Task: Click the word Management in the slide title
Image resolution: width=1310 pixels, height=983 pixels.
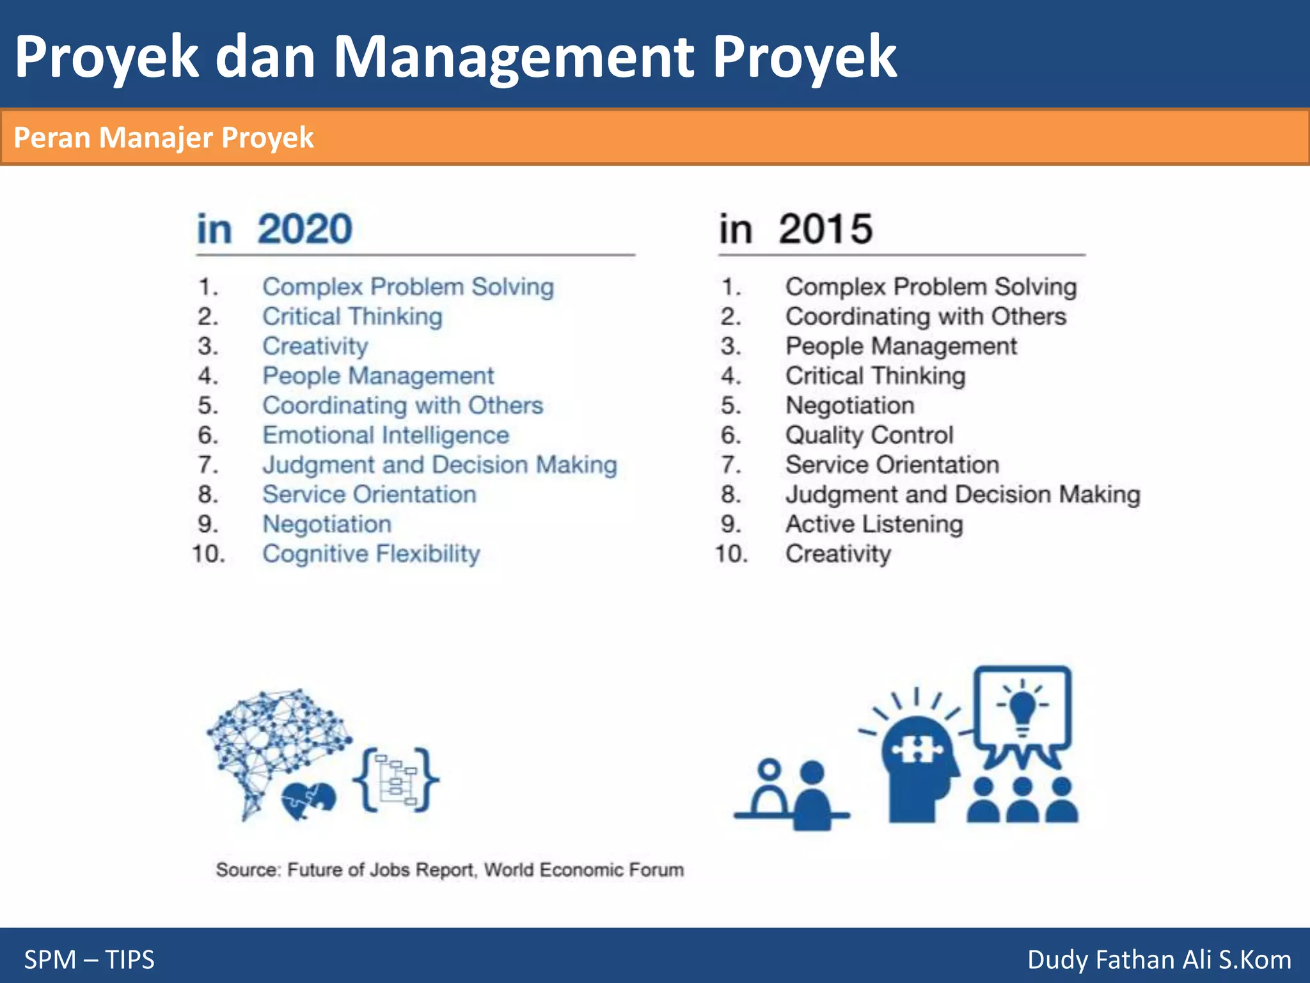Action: click(514, 58)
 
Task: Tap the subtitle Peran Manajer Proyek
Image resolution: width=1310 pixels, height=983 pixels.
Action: click(164, 138)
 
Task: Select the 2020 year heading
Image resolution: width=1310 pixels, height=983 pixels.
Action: click(304, 229)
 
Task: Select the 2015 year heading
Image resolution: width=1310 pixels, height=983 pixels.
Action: click(825, 229)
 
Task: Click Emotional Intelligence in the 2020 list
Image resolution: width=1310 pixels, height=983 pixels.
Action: click(386, 435)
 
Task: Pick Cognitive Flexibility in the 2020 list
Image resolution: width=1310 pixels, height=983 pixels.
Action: click(371, 554)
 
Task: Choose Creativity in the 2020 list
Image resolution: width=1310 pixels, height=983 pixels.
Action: click(315, 346)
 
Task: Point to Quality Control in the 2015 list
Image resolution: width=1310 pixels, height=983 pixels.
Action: click(869, 435)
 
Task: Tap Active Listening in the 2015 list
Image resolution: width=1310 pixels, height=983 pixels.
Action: click(874, 524)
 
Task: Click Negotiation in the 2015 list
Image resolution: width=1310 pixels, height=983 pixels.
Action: click(850, 405)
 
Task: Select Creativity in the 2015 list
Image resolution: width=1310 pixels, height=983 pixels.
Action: click(838, 554)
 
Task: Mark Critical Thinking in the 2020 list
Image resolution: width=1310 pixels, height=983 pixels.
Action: click(352, 316)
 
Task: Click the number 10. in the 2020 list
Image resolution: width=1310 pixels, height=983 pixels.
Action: click(209, 554)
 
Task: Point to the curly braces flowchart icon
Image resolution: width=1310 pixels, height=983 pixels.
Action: click(396, 779)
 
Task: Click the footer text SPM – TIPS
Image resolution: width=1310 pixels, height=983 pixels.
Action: click(90, 959)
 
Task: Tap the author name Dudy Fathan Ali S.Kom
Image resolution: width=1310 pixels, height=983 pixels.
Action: click(1159, 959)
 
